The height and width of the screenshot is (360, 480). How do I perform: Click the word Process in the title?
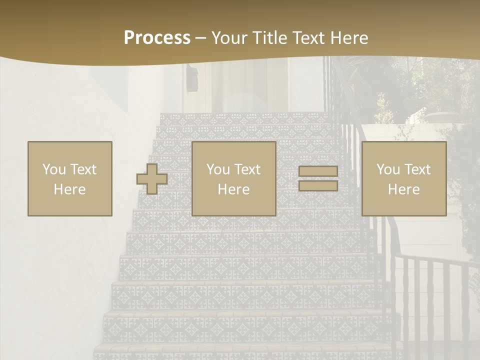coord(157,38)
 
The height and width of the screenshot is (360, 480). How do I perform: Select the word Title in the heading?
coord(270,38)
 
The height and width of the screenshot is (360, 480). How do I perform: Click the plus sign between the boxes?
coord(152,178)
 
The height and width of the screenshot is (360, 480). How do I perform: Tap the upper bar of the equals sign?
coord(318,171)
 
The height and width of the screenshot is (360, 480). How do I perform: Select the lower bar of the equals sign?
coord(318,185)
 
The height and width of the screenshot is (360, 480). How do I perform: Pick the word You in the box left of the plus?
coord(53,169)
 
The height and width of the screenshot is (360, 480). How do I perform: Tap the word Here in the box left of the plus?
coord(70,189)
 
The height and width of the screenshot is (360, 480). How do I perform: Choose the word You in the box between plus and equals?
coord(217,169)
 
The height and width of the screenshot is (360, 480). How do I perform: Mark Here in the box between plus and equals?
coord(234,189)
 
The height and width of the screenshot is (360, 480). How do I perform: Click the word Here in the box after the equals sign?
coord(404,189)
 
